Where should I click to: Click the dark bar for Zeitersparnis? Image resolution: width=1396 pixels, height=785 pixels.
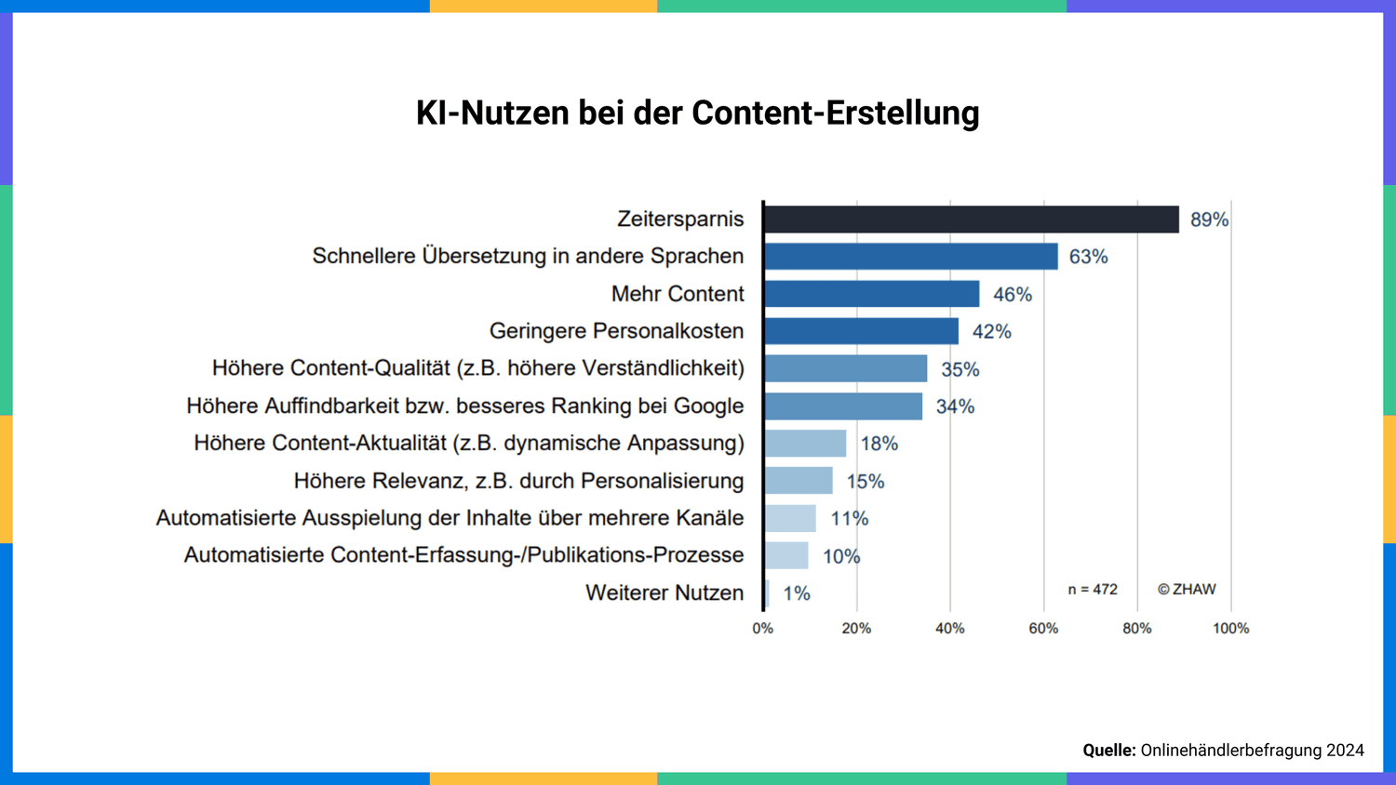click(971, 220)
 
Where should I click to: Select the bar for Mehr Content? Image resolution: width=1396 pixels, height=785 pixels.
click(871, 294)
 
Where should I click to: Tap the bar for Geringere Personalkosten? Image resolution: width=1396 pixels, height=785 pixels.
click(861, 331)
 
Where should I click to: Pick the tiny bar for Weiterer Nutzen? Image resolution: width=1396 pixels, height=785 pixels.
click(767, 593)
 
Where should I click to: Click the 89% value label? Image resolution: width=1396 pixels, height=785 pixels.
click(1209, 220)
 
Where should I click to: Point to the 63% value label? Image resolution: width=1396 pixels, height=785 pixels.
click(1088, 257)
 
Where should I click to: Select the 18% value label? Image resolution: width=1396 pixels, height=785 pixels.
click(879, 444)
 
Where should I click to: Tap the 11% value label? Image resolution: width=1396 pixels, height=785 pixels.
click(849, 518)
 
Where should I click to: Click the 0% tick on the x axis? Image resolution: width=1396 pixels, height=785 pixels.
click(762, 629)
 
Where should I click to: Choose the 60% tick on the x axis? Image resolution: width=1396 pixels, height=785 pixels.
click(1043, 629)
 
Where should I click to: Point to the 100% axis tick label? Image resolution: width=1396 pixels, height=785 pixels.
click(1230, 629)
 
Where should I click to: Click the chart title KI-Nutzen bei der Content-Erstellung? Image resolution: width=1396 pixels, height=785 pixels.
click(697, 113)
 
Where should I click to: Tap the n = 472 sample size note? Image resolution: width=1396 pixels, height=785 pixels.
click(1093, 590)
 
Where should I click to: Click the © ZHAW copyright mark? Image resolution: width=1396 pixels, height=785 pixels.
click(1187, 590)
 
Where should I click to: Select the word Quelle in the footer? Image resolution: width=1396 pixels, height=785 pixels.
click(1108, 751)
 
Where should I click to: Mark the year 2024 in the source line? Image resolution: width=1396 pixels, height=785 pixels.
click(1345, 751)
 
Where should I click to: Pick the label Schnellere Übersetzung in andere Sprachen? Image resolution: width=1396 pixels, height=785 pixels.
click(528, 257)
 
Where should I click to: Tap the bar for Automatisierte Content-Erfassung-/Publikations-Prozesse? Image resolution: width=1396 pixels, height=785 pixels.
click(785, 555)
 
